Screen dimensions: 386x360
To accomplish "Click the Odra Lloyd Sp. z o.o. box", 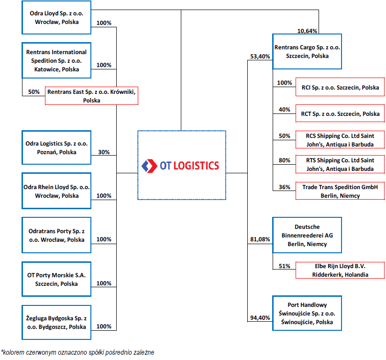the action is pyautogui.click(x=56, y=18).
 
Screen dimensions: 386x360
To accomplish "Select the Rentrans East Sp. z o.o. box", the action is pyautogui.click(x=91, y=96).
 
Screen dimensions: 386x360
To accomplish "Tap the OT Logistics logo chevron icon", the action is pyautogui.click(x=149, y=166).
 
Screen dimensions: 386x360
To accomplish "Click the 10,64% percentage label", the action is pyautogui.click(x=307, y=31).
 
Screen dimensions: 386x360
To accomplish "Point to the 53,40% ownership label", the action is pyautogui.click(x=260, y=56).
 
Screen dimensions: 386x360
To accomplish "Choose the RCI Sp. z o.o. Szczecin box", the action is pyautogui.click(x=340, y=87).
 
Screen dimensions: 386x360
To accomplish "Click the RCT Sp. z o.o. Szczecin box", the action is pyautogui.click(x=340, y=113).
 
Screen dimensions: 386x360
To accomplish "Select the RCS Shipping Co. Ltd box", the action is pyautogui.click(x=340, y=140).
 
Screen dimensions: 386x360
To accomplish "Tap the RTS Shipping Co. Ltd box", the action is pyautogui.click(x=340, y=164).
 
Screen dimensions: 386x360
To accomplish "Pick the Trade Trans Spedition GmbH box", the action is pyautogui.click(x=340, y=191).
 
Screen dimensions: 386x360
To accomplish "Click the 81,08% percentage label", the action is pyautogui.click(x=260, y=239).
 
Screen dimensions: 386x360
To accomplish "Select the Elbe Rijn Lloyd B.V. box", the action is pyautogui.click(x=340, y=270).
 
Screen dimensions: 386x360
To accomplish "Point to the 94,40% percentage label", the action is pyautogui.click(x=260, y=317).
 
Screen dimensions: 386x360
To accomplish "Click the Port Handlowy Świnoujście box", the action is pyautogui.click(x=307, y=313).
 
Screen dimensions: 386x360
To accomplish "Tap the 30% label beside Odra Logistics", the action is pyautogui.click(x=104, y=152).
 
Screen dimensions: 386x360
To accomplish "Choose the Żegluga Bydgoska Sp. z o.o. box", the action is pyautogui.click(x=56, y=322).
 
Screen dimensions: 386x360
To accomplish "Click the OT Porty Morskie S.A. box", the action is pyautogui.click(x=56, y=279).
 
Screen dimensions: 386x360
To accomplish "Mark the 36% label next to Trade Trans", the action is pyautogui.click(x=284, y=187).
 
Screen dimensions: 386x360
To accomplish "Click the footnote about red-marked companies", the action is pyautogui.click(x=77, y=352).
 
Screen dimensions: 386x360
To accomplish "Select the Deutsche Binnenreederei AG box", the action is pyautogui.click(x=307, y=235).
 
